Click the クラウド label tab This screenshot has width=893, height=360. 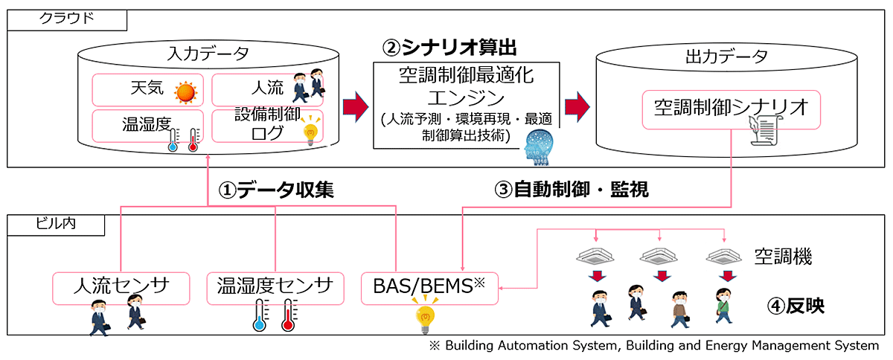click(67, 20)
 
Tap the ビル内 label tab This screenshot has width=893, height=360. click(56, 225)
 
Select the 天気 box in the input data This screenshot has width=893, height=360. click(148, 90)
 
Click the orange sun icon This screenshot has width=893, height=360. click(185, 92)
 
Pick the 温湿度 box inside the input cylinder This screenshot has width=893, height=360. click(148, 126)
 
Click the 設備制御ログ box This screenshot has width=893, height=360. click(267, 126)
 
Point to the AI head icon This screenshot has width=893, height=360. click(539, 147)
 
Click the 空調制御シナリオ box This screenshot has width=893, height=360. click(731, 109)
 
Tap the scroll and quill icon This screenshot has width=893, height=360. click(764, 130)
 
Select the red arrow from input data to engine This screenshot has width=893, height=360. click(356, 107)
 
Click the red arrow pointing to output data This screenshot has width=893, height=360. click(577, 107)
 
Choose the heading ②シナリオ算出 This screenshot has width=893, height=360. click(449, 48)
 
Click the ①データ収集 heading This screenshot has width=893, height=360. click(276, 190)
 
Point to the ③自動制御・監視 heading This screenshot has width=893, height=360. click(572, 190)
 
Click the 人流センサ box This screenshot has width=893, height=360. click(121, 289)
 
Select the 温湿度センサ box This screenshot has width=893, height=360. click(275, 289)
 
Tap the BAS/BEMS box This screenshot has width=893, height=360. click(430, 289)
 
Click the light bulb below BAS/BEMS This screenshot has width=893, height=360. click(425, 318)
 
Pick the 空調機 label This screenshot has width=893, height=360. click(783, 257)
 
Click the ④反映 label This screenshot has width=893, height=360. click(796, 306)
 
